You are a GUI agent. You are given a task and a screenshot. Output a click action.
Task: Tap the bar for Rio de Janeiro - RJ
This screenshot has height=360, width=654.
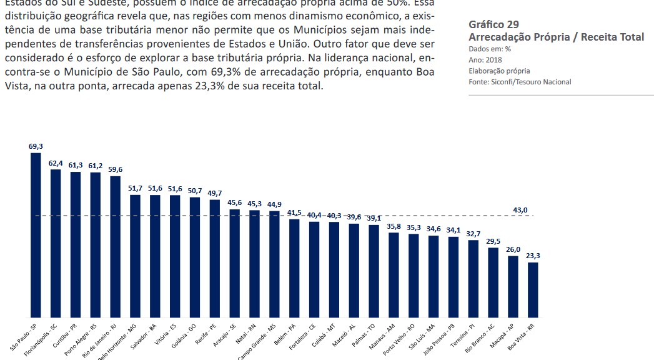tap(115, 246)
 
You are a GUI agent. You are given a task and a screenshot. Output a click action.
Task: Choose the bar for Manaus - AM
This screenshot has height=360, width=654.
tap(394, 275)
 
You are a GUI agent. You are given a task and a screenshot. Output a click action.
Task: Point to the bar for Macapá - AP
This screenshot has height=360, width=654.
tap(513, 286)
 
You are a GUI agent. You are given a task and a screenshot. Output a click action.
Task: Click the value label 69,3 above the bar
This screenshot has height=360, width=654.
tap(36, 146)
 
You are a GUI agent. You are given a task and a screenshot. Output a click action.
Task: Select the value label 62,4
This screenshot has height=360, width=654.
tap(56, 162)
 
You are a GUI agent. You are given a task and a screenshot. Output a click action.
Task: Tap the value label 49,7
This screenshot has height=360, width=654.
tap(214, 193)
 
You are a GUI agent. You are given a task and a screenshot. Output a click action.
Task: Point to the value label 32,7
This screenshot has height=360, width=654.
tap(473, 233)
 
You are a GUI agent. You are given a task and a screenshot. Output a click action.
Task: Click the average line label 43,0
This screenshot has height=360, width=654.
tap(520, 210)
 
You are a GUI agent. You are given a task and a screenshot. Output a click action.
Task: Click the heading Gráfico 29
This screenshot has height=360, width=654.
tap(493, 24)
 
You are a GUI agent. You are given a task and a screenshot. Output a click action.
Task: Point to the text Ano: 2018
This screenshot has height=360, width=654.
tap(484, 60)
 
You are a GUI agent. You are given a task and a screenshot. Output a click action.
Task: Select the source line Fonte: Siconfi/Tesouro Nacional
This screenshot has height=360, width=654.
tap(520, 82)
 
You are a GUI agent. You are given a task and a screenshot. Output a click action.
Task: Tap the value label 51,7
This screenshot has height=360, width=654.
tap(135, 188)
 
